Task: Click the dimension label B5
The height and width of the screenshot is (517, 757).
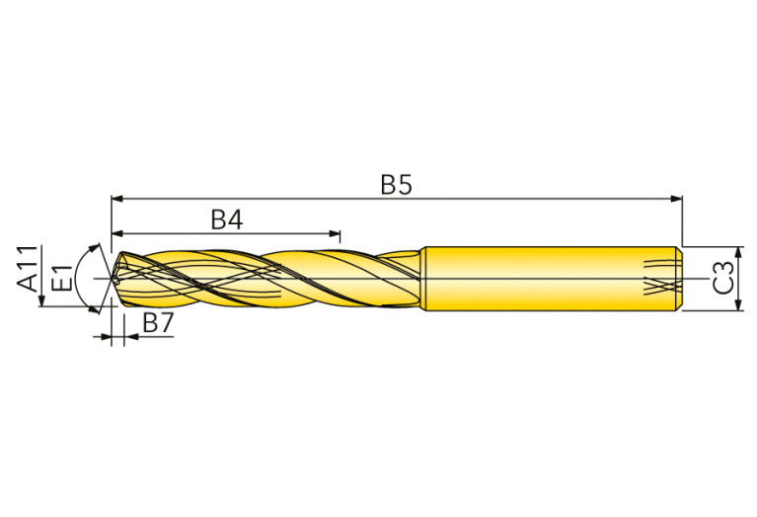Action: point(396,185)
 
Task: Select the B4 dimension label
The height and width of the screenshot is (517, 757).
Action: point(226,219)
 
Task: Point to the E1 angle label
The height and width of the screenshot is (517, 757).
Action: point(61,278)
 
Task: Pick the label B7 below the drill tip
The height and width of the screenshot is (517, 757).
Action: point(158,322)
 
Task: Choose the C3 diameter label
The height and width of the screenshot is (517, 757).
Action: point(723,278)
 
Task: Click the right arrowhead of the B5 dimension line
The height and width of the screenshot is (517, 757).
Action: point(676,199)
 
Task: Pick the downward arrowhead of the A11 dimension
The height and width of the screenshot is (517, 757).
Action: point(40,301)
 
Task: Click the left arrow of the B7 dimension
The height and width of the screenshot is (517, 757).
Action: point(107,337)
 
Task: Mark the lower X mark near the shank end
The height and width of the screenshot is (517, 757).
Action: point(658,290)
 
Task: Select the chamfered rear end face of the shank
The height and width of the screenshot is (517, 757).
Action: point(679,278)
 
